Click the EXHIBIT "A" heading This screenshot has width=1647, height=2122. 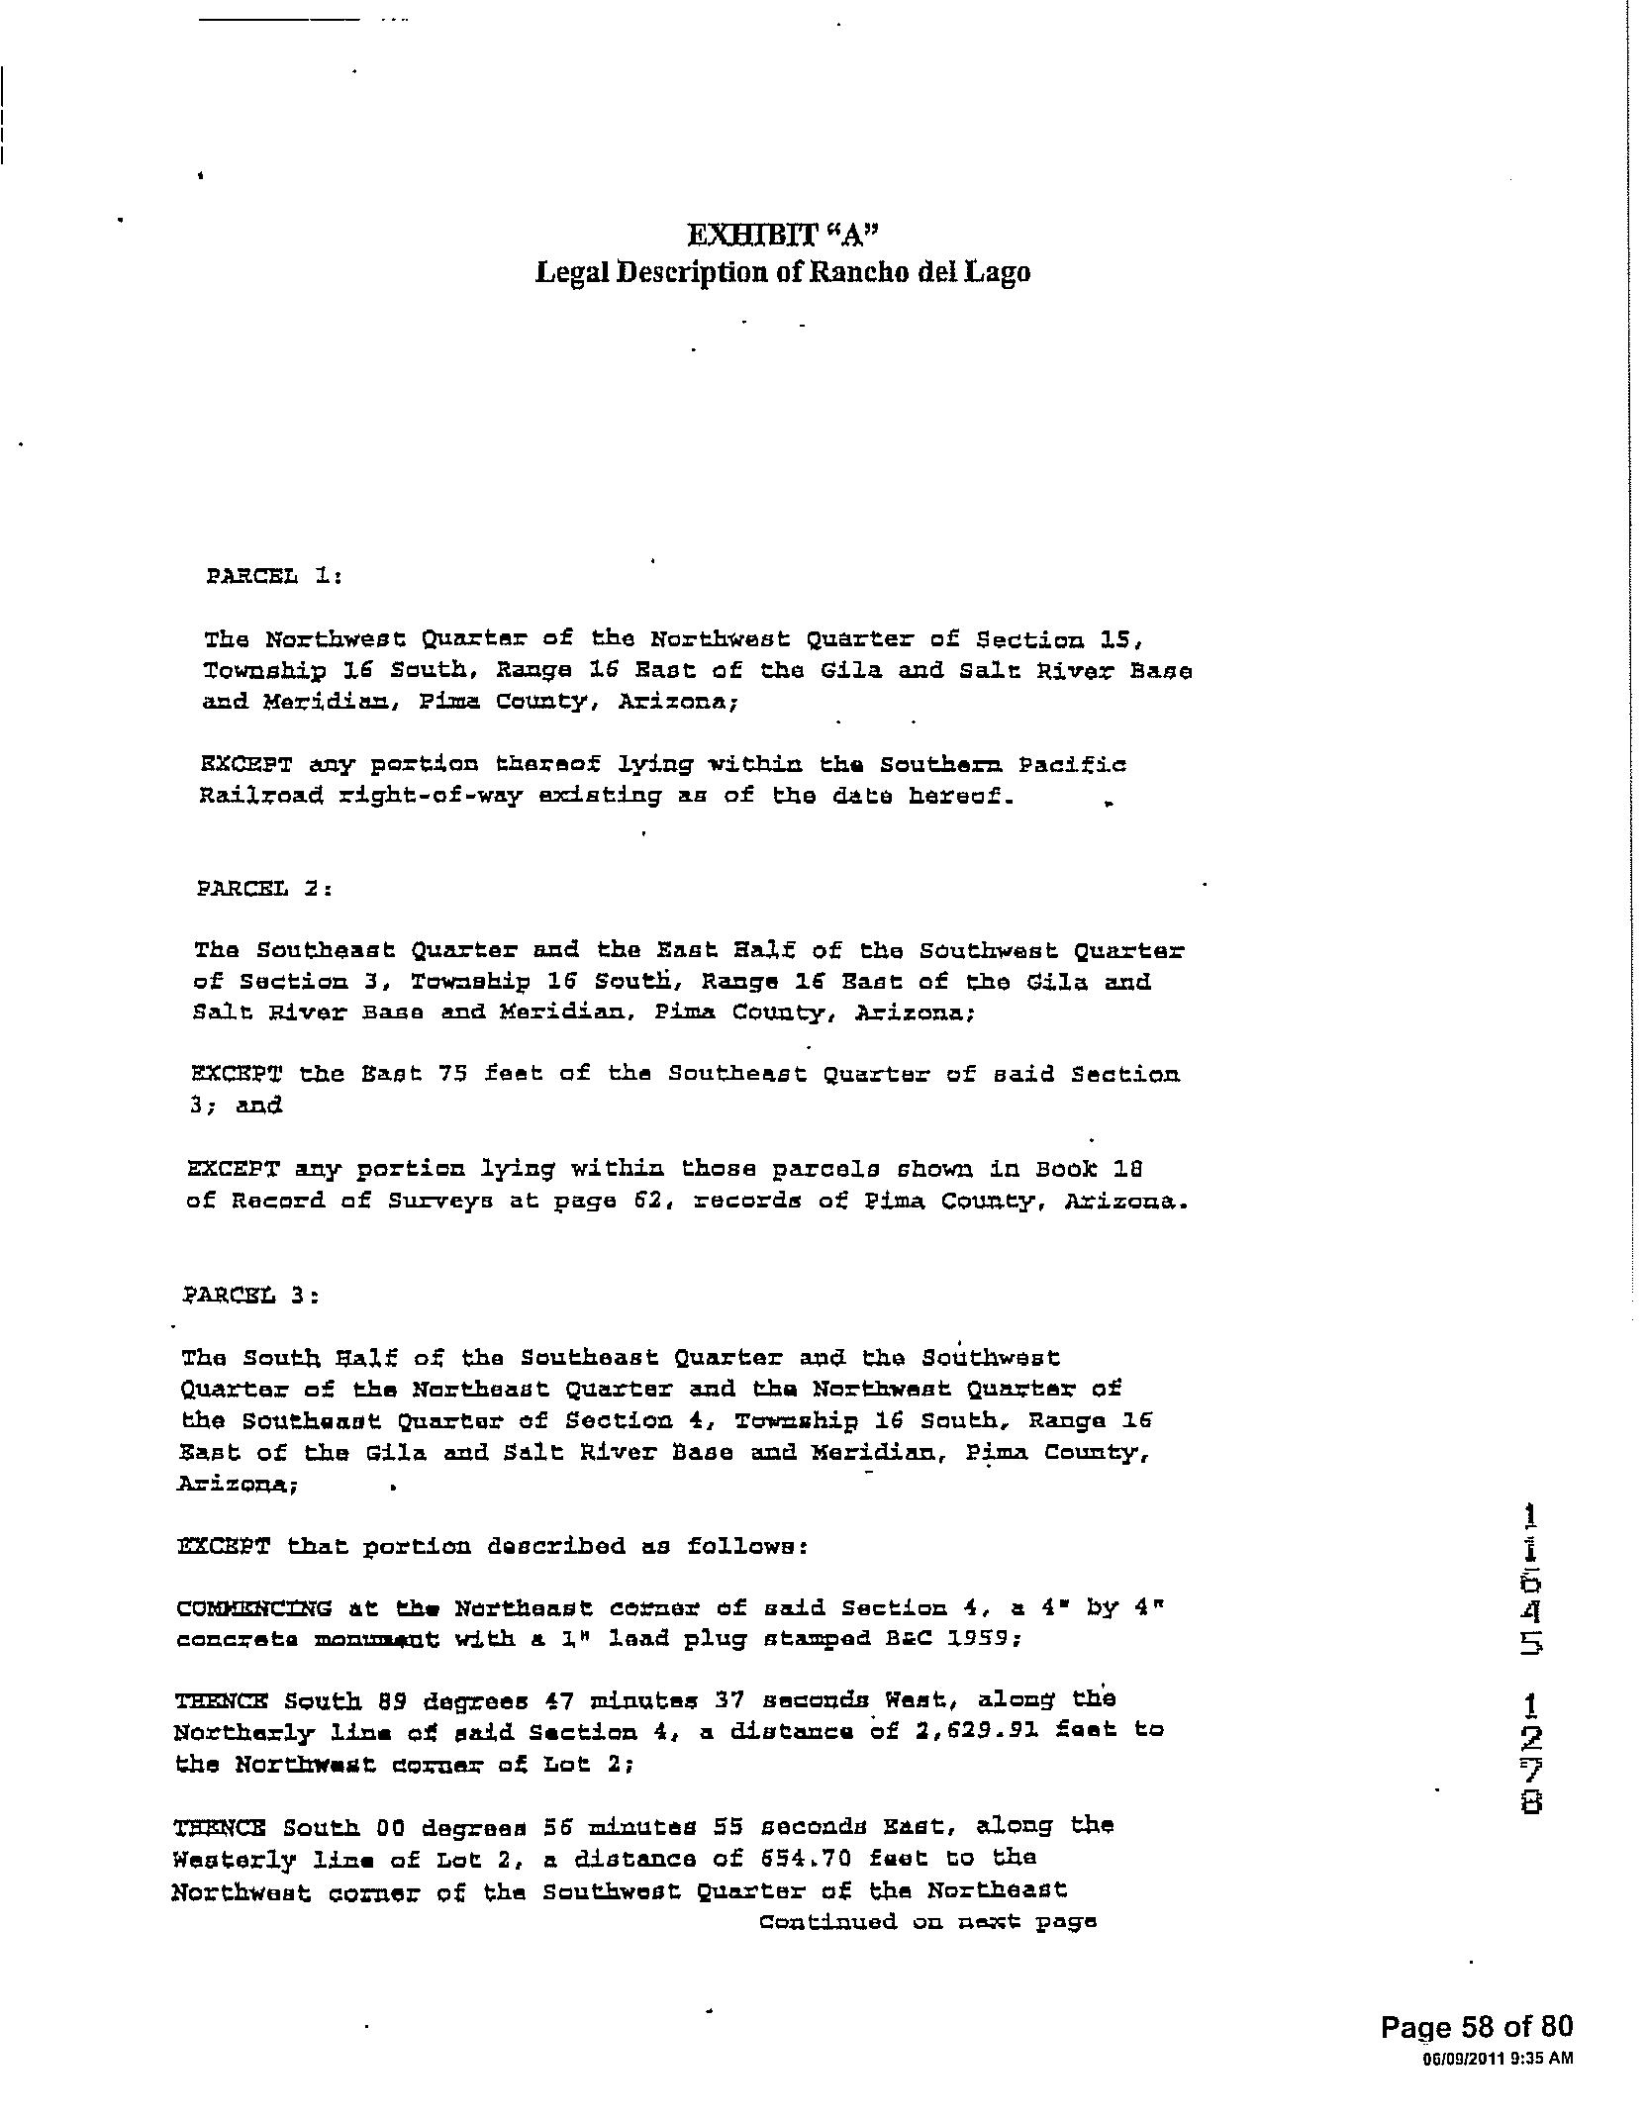pos(783,236)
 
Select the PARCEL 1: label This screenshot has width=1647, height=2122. pos(273,576)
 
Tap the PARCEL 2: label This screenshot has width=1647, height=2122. pos(264,889)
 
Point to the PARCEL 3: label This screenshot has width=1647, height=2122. pos(251,1295)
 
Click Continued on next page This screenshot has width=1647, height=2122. pos(927,1923)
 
